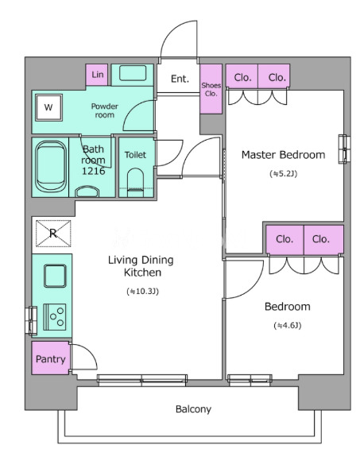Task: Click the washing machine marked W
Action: [x=48, y=107]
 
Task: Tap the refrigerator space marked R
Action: [x=53, y=233]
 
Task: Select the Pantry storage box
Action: [x=50, y=358]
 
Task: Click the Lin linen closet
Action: [x=97, y=75]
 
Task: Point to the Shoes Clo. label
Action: [x=211, y=90]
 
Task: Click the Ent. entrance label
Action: [x=180, y=79]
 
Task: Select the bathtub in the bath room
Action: [x=51, y=167]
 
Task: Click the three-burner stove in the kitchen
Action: [x=55, y=317]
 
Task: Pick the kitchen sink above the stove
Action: [x=55, y=276]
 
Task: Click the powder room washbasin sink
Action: [x=133, y=73]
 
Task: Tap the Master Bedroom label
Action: [x=283, y=155]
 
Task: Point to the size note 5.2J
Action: [x=284, y=174]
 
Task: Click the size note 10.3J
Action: [x=143, y=292]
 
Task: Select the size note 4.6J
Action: [x=288, y=326]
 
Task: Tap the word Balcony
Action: [x=193, y=409]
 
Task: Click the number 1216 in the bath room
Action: [x=94, y=171]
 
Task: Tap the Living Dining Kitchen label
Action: [x=141, y=266]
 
